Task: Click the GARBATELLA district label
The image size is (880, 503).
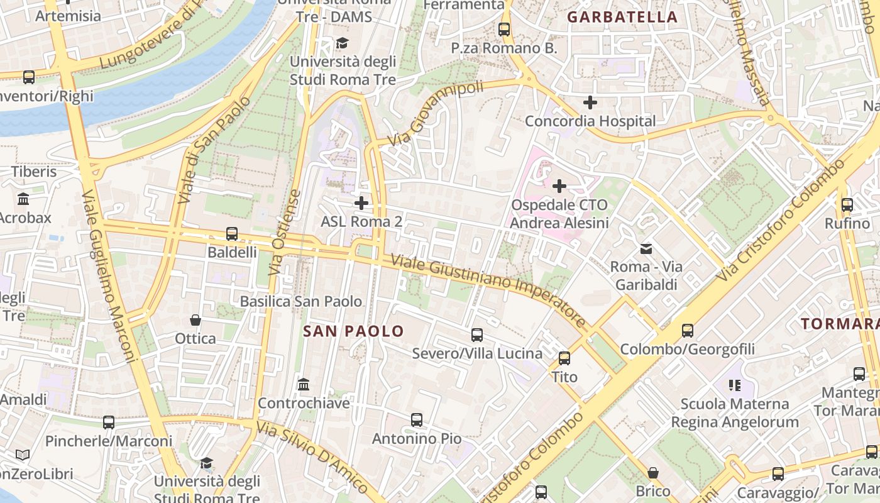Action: click(622, 17)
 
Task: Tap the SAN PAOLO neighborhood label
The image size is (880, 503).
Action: click(353, 331)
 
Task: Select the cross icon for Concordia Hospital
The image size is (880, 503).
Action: click(590, 102)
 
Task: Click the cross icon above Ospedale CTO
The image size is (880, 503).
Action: click(559, 186)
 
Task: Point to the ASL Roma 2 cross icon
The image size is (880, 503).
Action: click(361, 203)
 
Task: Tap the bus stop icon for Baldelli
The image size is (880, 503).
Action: click(232, 234)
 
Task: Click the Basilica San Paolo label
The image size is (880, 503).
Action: click(301, 301)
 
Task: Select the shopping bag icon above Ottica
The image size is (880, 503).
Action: click(195, 320)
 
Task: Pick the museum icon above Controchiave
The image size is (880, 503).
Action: click(304, 384)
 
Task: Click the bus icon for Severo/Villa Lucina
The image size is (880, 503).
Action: click(477, 335)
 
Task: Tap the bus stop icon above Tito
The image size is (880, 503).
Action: click(564, 358)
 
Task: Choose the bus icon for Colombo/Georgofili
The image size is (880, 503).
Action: click(688, 331)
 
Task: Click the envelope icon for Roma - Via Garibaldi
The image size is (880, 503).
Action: click(646, 248)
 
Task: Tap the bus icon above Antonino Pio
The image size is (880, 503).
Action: click(417, 420)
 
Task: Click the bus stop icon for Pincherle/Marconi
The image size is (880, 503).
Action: click(109, 423)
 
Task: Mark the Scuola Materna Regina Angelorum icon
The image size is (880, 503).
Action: click(734, 385)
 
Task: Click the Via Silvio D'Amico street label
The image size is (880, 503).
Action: click(312, 457)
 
